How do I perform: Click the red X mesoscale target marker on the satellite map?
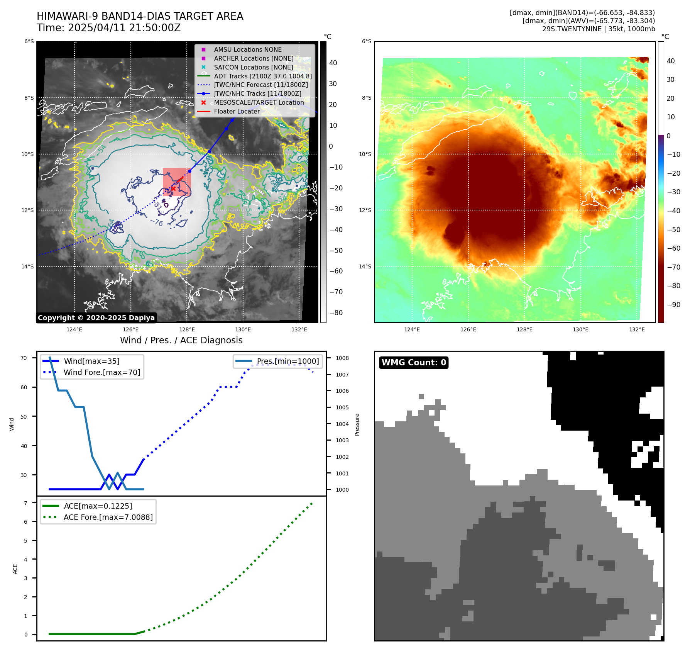(174, 189)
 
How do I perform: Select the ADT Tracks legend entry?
(262, 76)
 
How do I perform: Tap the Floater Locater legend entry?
(237, 111)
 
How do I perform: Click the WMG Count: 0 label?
(414, 362)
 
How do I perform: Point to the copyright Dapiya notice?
(96, 318)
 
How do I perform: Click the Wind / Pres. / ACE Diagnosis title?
(181, 340)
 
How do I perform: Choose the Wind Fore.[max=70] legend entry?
(102, 372)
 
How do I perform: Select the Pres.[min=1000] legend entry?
(288, 361)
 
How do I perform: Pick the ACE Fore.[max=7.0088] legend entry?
(108, 517)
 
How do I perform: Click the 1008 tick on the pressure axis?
(342, 358)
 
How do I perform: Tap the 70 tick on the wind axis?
(24, 358)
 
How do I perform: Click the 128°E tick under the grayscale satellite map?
(187, 329)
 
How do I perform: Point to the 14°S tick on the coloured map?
(365, 266)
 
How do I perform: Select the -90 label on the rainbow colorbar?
(674, 304)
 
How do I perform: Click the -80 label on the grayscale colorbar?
(336, 312)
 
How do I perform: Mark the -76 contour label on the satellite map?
(157, 222)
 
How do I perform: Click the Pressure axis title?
(357, 424)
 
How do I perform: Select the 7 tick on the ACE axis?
(25, 503)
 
